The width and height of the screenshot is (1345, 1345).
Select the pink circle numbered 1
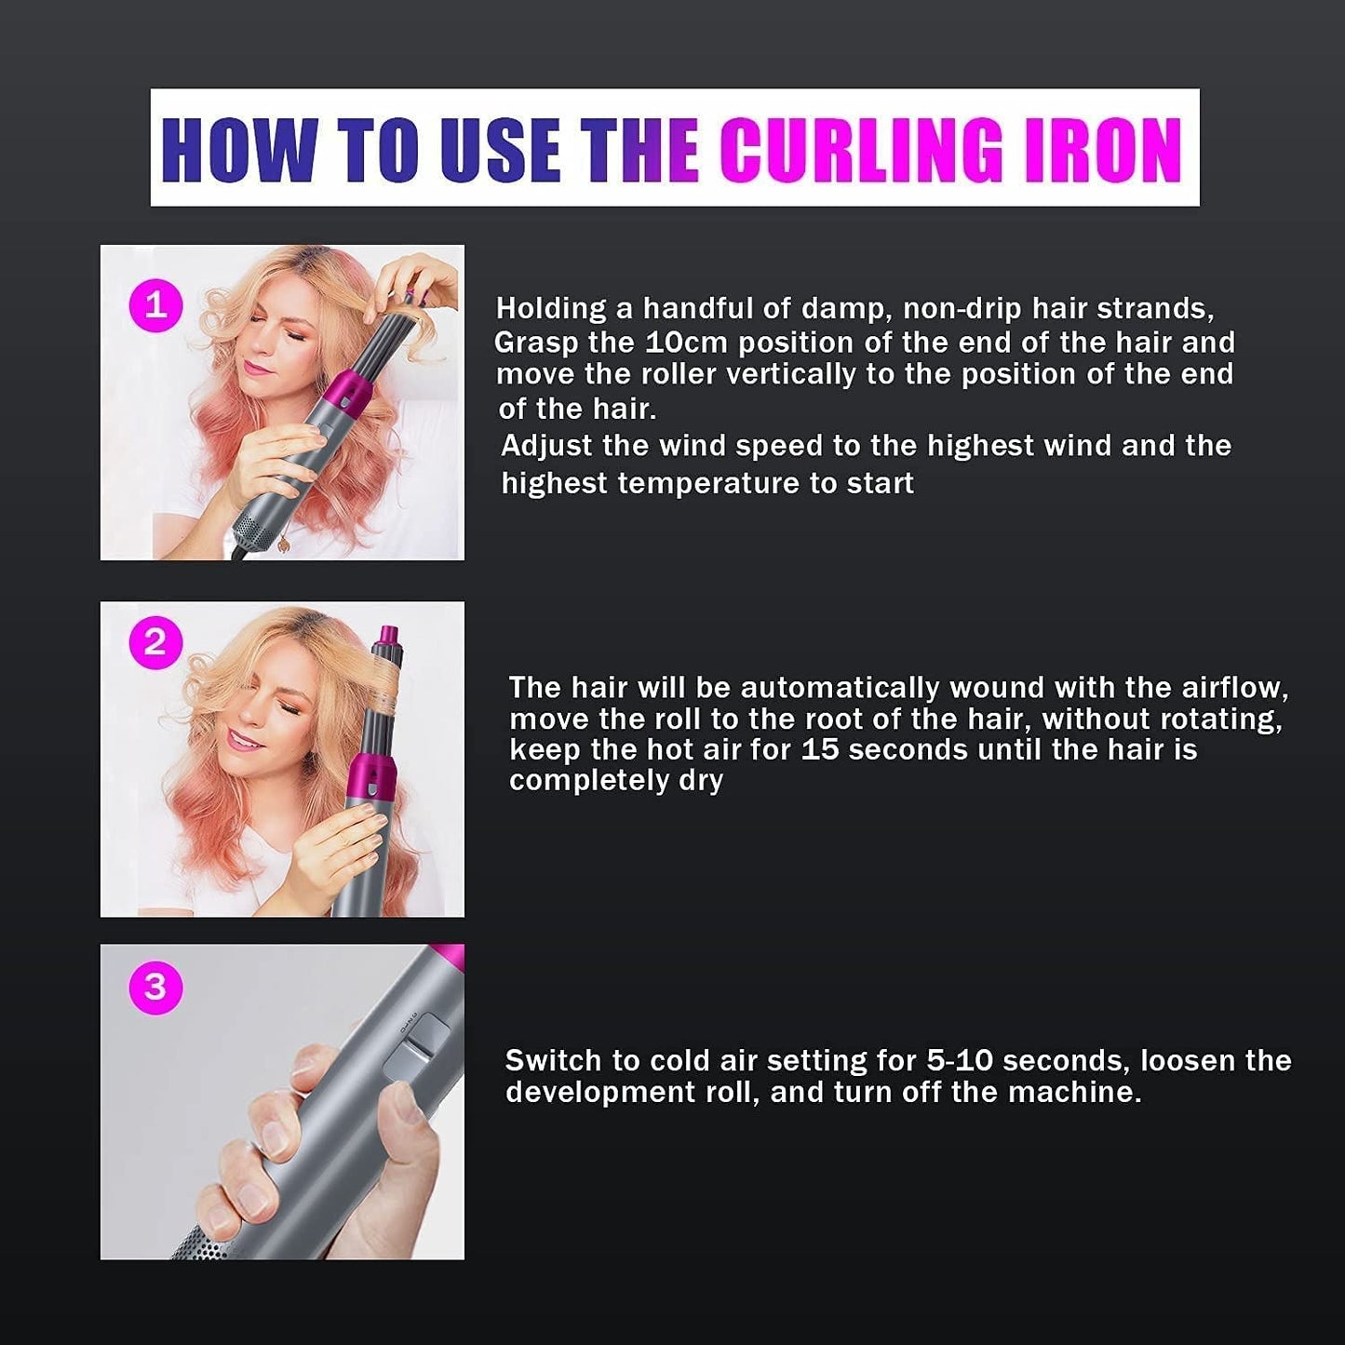[155, 305]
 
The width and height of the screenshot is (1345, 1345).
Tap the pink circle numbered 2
[155, 643]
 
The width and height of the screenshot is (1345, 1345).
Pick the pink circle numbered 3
[155, 986]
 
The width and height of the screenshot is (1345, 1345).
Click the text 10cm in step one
[686, 343]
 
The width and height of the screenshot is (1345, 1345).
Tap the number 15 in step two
[819, 749]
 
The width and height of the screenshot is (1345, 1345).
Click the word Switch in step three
[553, 1060]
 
